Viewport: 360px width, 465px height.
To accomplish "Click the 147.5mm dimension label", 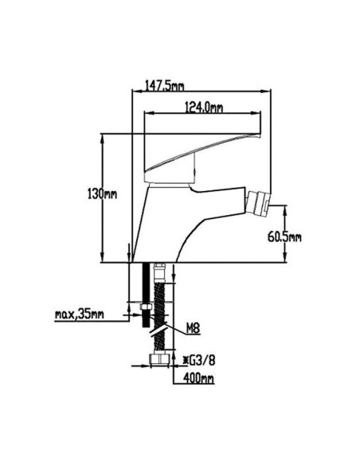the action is [164, 86].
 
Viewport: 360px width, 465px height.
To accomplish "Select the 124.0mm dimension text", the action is [204, 107].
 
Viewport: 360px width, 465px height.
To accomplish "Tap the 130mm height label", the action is [102, 194].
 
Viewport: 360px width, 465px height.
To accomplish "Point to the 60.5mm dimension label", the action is [284, 237].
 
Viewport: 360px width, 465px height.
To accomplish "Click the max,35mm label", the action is [80, 314].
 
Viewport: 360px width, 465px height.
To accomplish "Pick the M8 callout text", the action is [193, 328].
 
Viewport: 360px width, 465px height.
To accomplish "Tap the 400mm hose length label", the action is [198, 378].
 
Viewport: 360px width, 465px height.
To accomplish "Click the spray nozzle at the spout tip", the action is [257, 204].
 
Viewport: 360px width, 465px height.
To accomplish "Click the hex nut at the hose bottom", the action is [159, 358].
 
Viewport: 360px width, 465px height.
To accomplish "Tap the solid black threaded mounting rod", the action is [146, 295].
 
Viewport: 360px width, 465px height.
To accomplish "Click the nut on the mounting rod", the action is [146, 307].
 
